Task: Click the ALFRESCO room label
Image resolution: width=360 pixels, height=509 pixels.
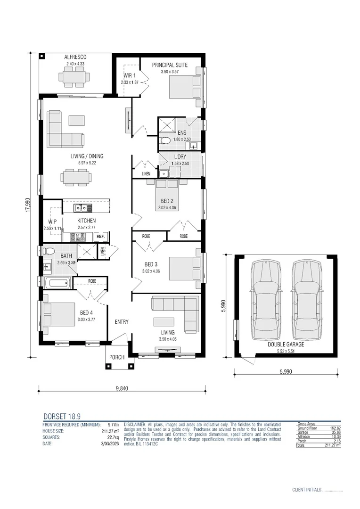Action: tap(76, 57)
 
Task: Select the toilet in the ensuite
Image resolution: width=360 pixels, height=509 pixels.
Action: tap(164, 140)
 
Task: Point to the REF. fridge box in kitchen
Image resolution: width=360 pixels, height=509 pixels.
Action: tap(101, 236)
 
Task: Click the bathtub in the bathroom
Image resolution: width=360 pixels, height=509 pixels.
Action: tap(57, 283)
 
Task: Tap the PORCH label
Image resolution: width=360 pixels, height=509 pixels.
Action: tap(117, 357)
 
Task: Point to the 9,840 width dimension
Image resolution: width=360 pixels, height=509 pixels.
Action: tap(121, 389)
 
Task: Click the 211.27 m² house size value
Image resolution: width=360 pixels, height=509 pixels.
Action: tap(110, 430)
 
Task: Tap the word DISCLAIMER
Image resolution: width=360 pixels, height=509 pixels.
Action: tap(136, 425)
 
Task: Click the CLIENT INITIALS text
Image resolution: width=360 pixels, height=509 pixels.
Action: tap(307, 490)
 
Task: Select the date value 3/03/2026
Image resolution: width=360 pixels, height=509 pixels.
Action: tap(108, 443)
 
